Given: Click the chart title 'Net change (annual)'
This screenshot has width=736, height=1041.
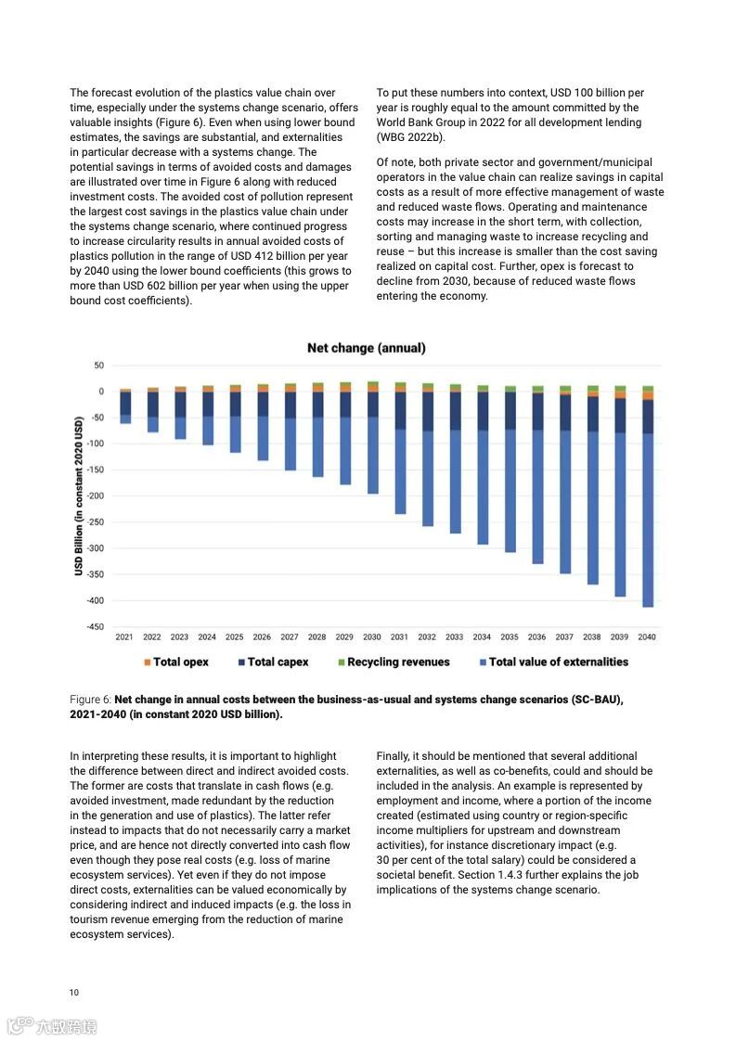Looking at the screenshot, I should point(367,348).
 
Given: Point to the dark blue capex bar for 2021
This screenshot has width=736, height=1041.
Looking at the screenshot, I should point(125,403).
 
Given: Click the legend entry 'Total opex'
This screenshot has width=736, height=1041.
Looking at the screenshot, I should point(175,662).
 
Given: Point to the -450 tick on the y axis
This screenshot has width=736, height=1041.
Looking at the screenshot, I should point(95,627).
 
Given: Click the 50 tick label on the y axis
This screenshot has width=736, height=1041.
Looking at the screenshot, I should point(99,366).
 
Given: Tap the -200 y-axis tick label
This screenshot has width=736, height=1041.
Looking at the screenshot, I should point(95,496).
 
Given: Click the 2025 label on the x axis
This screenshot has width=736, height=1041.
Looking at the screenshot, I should point(235,637).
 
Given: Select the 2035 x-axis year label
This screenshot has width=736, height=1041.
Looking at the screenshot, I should point(510,637).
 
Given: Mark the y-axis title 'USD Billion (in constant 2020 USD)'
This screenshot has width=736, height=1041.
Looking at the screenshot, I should point(79,496).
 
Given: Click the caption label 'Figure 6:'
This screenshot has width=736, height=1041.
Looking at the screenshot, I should point(90,700).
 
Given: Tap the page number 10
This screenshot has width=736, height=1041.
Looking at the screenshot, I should point(74,992).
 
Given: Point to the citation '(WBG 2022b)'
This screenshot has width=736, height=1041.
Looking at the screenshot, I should point(410,137).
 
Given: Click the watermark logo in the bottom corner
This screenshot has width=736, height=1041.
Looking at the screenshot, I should point(51,1025).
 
